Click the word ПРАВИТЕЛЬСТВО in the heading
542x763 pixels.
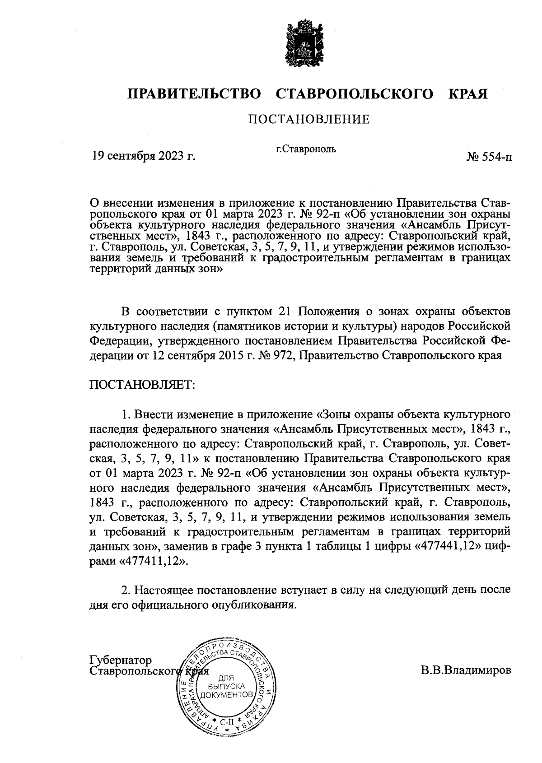195,94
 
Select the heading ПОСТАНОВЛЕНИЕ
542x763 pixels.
309,119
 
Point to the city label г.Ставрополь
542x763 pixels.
306,148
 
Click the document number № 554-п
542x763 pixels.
489,157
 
